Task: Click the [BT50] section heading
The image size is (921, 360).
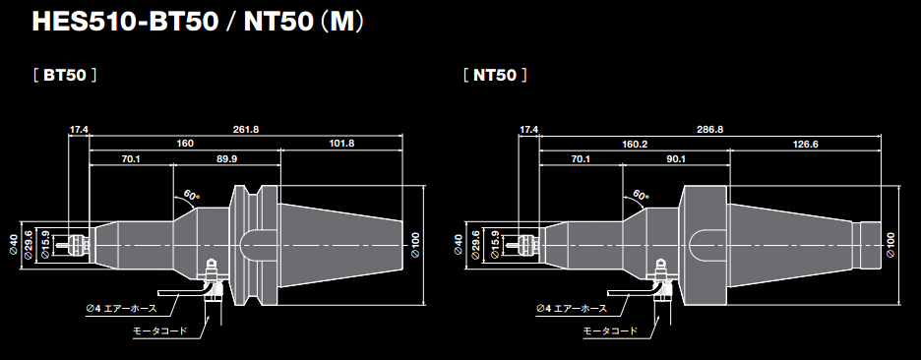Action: (64, 75)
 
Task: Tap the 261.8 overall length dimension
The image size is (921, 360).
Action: (246, 130)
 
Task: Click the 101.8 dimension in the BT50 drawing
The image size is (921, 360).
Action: (341, 144)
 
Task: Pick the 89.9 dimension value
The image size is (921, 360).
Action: (226, 158)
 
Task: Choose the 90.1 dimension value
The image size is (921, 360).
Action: (676, 158)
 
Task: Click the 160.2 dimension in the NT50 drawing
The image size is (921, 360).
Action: (635, 144)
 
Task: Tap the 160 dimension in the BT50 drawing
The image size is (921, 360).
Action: (185, 144)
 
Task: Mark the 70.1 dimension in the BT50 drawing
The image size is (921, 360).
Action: (131, 158)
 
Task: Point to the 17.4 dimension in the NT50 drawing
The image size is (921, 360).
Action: (529, 130)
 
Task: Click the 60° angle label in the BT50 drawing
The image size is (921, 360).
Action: (190, 197)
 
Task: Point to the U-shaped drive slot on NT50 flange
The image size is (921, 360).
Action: (699, 241)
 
